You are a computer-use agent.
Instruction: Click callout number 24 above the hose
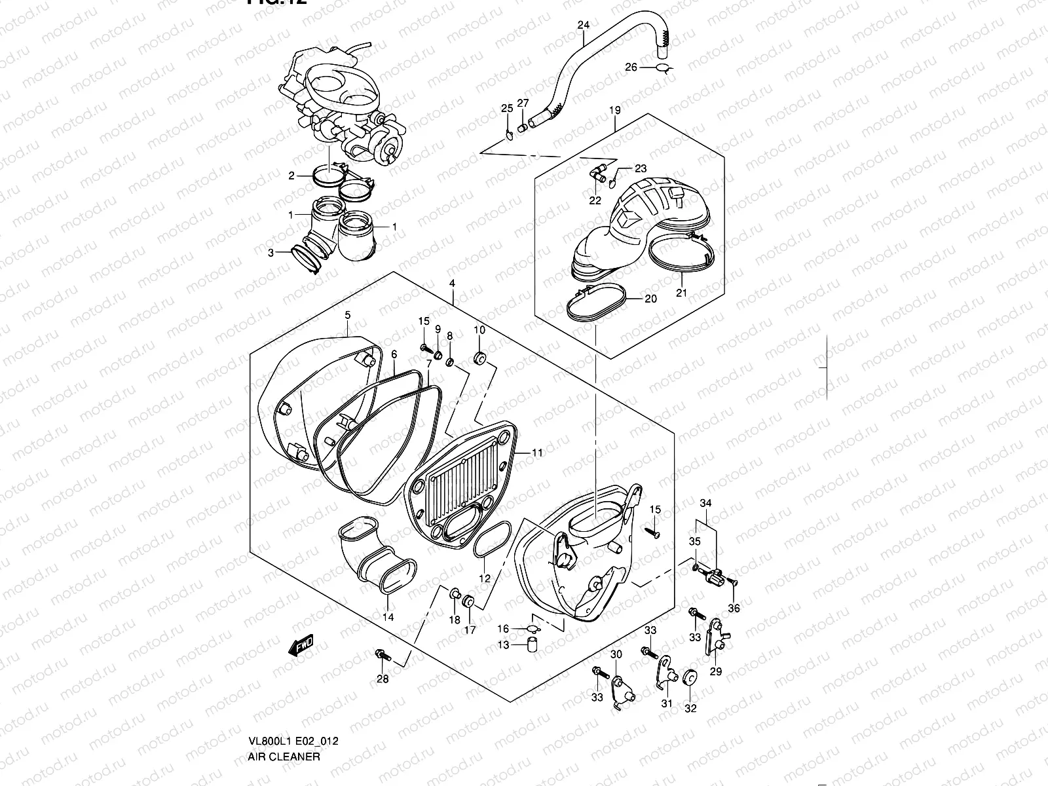click(x=583, y=25)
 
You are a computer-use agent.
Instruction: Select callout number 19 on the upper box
click(x=614, y=110)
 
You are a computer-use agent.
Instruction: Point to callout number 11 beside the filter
click(x=537, y=453)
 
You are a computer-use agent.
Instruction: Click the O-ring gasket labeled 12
click(x=490, y=540)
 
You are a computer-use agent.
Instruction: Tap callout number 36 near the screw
click(x=734, y=608)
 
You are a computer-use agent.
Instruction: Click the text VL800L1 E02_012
click(x=292, y=741)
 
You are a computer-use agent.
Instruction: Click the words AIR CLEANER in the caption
click(x=284, y=757)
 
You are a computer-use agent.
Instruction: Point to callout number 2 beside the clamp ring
click(x=292, y=176)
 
